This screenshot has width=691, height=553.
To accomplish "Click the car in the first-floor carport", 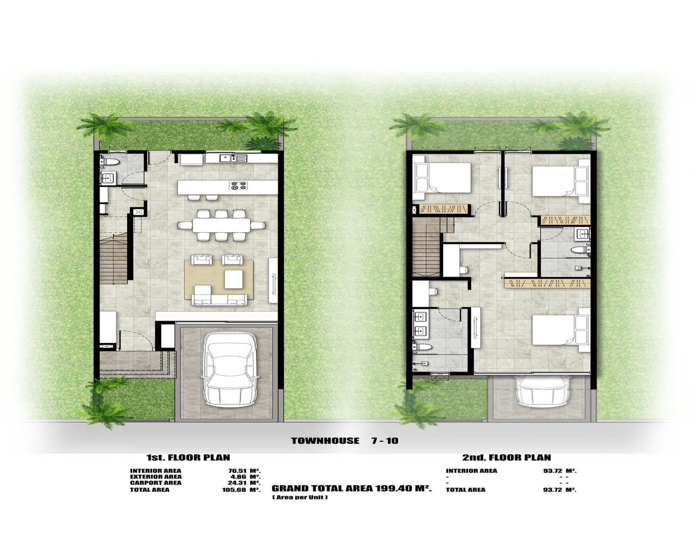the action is (x=230, y=369).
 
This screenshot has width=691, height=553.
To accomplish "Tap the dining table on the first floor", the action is (x=221, y=225).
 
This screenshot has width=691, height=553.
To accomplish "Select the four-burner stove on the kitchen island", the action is (x=238, y=186).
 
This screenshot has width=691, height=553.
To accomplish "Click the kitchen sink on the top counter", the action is (x=233, y=158).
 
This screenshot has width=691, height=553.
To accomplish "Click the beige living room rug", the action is (x=219, y=280).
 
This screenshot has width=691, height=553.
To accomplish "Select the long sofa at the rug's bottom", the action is (x=220, y=300).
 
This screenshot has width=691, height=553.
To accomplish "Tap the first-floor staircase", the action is (x=114, y=258).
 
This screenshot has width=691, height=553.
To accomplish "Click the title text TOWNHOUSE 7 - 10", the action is (x=344, y=441).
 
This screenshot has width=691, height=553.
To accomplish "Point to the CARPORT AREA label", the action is (x=155, y=483).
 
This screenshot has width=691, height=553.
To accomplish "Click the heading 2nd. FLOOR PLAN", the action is (x=507, y=458).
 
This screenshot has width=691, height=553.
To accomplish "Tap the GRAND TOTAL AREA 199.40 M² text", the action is (x=352, y=488).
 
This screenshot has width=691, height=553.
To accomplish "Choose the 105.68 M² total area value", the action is (x=241, y=490).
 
